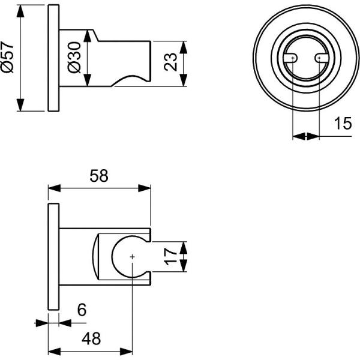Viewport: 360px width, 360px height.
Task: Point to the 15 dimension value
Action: click(x=342, y=124)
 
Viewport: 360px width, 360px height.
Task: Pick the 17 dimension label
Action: click(x=172, y=257)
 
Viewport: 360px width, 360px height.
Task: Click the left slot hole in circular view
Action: click(x=292, y=58)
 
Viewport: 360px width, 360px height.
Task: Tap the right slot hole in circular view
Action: click(x=319, y=58)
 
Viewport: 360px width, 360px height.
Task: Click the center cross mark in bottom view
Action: click(x=132, y=257)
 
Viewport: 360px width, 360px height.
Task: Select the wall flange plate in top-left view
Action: click(x=53, y=58)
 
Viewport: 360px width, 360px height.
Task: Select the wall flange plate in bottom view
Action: click(x=53, y=257)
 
